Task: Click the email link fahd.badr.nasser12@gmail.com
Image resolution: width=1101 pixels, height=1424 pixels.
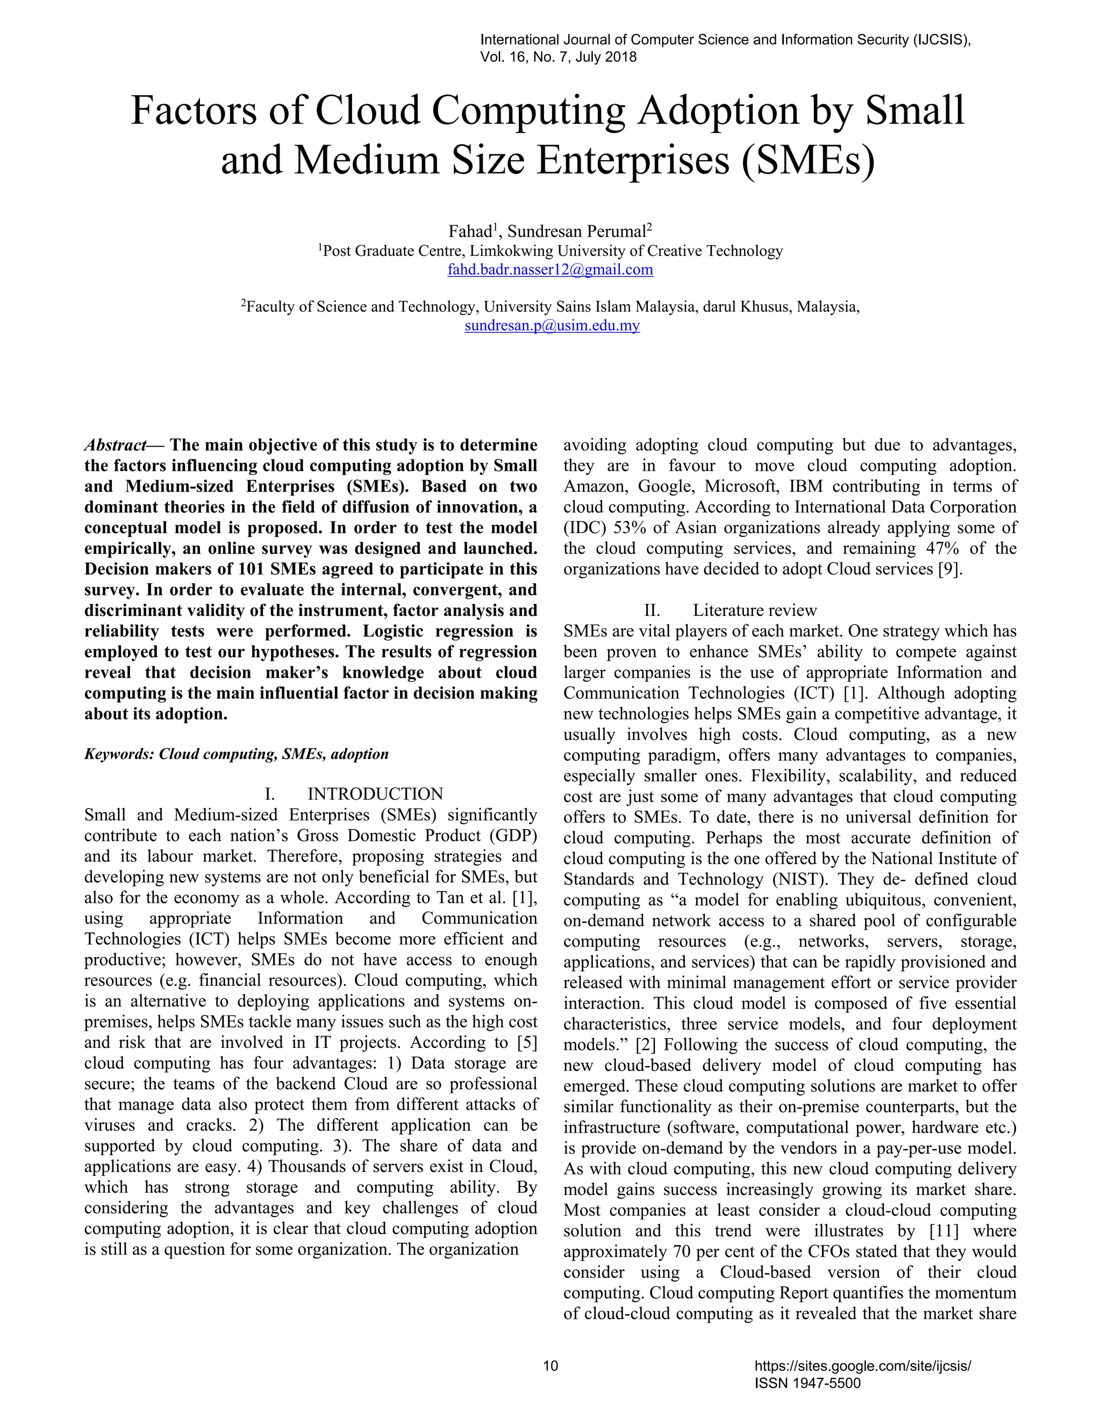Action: pos(550,270)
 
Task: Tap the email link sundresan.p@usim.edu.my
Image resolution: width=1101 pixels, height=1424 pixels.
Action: pos(552,325)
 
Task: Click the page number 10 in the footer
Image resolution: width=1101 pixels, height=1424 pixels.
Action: pos(550,1365)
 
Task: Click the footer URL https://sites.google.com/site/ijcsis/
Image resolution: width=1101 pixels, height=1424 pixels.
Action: pos(862,1365)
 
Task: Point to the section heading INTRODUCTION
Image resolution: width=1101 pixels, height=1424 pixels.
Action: pos(375,794)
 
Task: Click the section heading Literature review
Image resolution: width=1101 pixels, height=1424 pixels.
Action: pos(754,610)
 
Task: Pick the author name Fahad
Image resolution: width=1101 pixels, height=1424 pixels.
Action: pos(469,232)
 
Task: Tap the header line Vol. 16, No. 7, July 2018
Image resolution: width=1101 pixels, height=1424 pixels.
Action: pos(559,57)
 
